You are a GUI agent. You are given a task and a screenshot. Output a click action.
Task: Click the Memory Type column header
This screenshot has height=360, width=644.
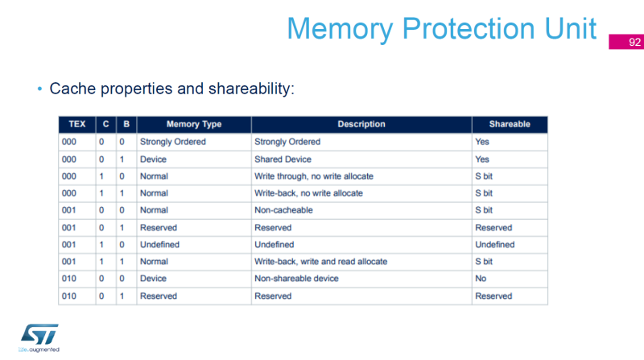(193, 125)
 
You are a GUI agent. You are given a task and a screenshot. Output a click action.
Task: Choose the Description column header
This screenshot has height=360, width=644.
(361, 125)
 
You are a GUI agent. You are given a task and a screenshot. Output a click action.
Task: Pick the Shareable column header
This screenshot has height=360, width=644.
(510, 125)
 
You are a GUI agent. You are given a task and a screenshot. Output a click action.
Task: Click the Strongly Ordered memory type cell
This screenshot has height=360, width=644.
(173, 142)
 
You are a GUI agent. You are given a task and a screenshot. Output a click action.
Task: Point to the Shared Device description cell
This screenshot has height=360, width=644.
(283, 159)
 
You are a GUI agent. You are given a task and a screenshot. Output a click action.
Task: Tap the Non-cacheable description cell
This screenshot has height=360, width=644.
(283, 210)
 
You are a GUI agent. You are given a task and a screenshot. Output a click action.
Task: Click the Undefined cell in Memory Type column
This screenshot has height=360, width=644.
(159, 244)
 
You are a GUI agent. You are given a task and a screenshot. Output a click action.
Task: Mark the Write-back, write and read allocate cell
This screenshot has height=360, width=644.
(320, 262)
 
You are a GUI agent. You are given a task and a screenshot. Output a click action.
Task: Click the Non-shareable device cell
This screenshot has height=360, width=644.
(296, 279)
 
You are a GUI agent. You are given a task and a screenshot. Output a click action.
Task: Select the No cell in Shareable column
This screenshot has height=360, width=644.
(481, 279)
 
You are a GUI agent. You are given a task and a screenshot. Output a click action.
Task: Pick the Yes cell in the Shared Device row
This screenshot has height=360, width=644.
(482, 159)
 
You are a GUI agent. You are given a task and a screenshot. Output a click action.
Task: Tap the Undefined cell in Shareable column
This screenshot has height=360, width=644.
(494, 244)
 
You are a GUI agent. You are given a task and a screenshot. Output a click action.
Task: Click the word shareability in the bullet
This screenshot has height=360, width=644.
(249, 88)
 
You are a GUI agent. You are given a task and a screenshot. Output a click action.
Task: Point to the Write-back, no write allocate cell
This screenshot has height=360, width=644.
(308, 193)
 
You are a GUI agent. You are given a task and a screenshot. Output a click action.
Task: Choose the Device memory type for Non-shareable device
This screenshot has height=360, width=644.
(154, 279)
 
